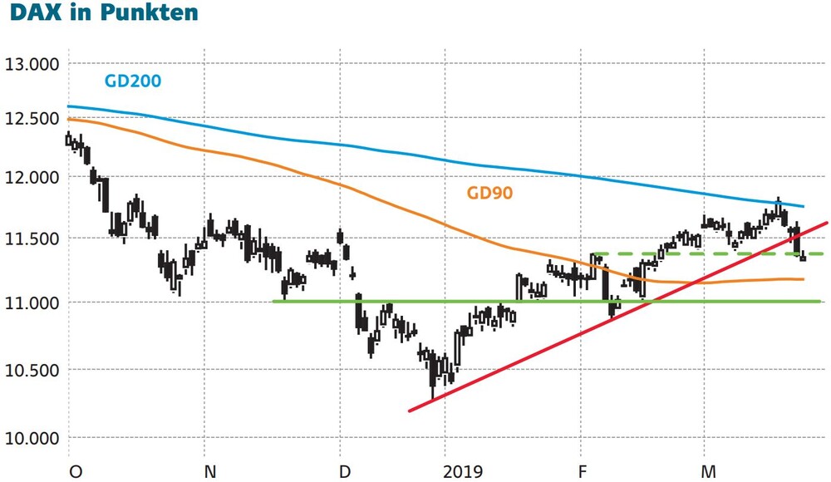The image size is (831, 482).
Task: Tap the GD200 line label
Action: pos(133,81)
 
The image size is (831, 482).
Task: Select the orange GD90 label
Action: pos(489,193)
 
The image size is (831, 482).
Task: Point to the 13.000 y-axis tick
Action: pos(32,64)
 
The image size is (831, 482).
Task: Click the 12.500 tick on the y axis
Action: pos(32,118)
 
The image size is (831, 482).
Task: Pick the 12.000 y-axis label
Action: pos(32,178)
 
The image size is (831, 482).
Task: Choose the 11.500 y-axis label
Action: pos(32,239)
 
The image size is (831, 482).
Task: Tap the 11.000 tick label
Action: pos(32,302)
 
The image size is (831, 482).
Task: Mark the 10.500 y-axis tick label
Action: pos(32,370)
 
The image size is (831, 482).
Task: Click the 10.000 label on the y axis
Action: pos(32,438)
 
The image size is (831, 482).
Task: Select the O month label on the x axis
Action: pos(76,471)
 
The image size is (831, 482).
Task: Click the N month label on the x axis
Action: pos(210,471)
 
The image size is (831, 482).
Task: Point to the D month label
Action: pos(345,471)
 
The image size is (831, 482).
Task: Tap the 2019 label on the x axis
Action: pos(463,471)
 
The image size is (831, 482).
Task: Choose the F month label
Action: pos(583,471)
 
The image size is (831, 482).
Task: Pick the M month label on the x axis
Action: pos(708,471)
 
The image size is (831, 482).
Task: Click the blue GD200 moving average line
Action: pos(435,159)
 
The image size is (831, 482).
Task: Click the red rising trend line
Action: pos(618,317)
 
